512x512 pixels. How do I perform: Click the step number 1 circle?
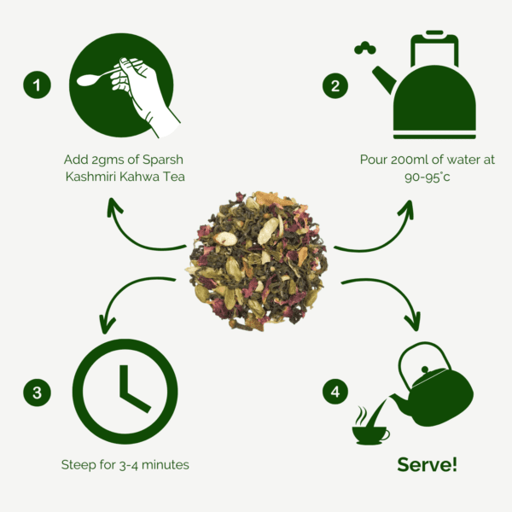(37, 84)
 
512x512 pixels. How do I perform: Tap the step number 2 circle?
(335, 85)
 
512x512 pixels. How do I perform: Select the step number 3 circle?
(37, 393)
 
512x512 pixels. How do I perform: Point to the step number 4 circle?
(335, 392)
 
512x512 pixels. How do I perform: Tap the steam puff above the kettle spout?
(365, 48)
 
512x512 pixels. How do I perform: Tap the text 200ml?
(410, 160)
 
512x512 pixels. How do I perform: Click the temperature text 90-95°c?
(428, 177)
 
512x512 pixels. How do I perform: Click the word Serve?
(428, 464)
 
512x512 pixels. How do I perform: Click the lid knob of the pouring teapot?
(425, 370)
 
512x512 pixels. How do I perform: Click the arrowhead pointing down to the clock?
(107, 324)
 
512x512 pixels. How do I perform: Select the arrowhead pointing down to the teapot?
(413, 322)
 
